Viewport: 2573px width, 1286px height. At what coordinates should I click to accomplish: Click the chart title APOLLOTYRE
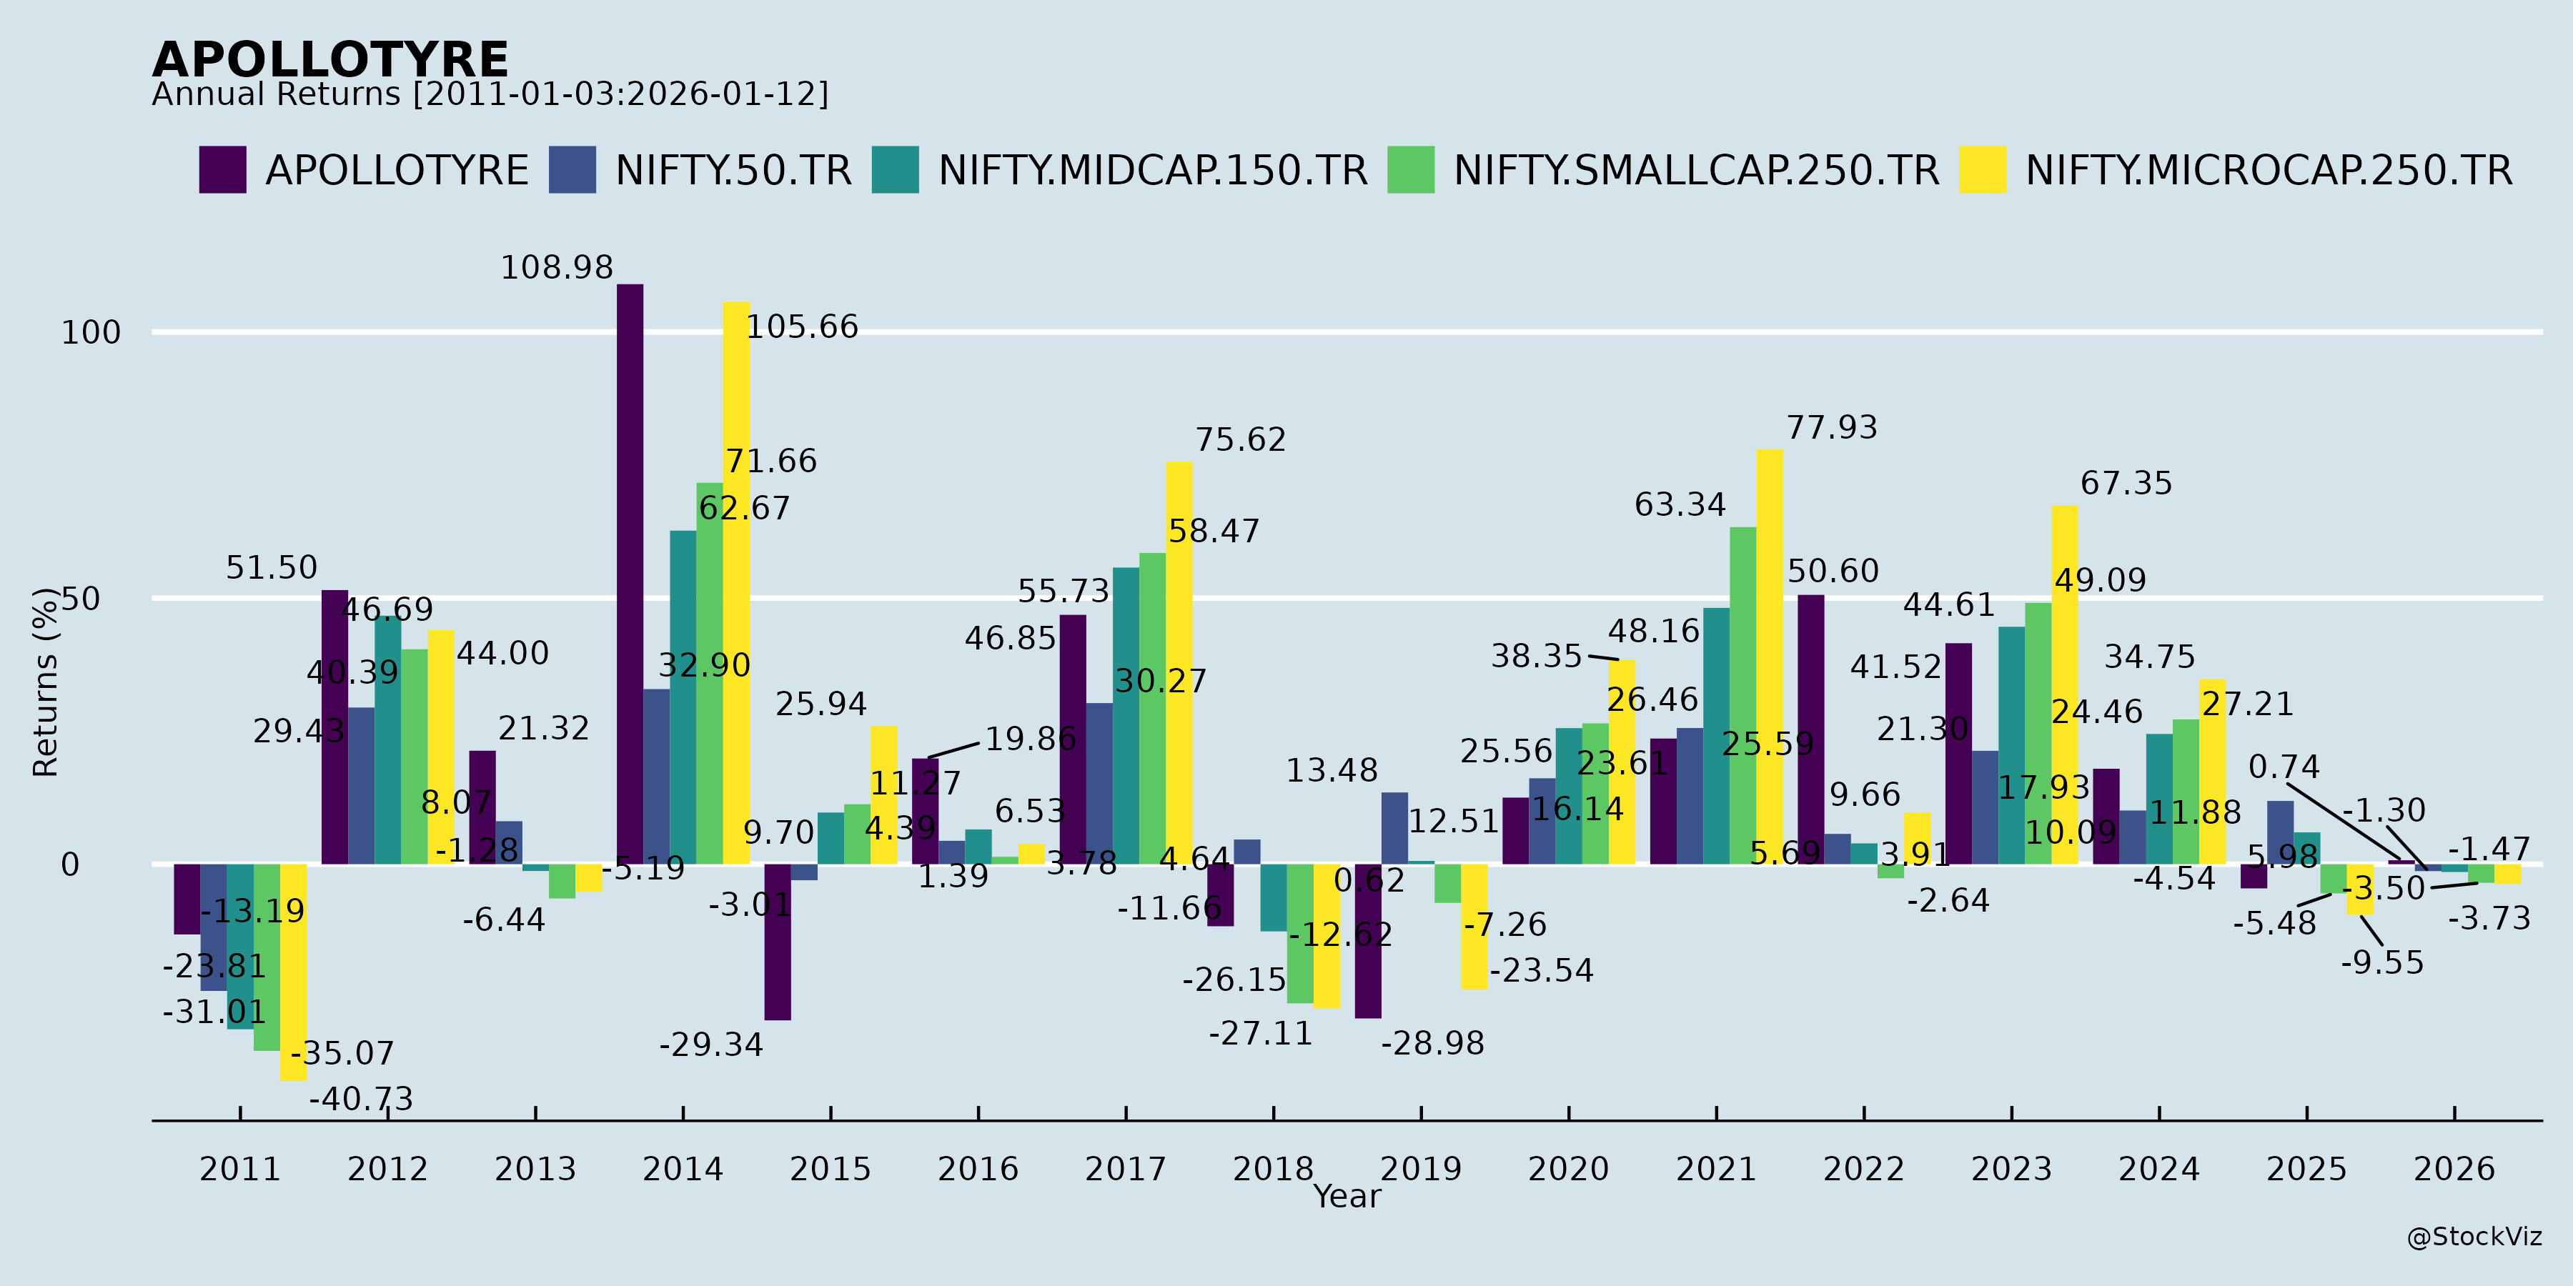pos(329,60)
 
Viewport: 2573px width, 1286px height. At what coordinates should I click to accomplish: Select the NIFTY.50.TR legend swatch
pos(572,170)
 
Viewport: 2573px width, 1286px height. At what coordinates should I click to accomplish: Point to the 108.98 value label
pos(556,268)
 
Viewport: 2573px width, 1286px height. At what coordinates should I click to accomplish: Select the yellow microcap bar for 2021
pos(1769,656)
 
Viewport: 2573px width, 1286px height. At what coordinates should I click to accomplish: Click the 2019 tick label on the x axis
pos(1420,1168)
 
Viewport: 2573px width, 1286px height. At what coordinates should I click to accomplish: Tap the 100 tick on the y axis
pos(91,332)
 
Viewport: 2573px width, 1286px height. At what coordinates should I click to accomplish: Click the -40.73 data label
pos(361,1100)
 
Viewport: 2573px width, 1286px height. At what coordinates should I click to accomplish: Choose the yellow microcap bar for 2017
pos(1179,662)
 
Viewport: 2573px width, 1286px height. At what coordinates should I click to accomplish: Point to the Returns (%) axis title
pos(46,682)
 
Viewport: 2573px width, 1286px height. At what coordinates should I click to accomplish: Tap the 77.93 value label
pos(1831,427)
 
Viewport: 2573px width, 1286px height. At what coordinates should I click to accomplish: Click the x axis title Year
pos(1347,1196)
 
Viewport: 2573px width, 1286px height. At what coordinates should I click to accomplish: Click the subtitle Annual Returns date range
pos(490,95)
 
